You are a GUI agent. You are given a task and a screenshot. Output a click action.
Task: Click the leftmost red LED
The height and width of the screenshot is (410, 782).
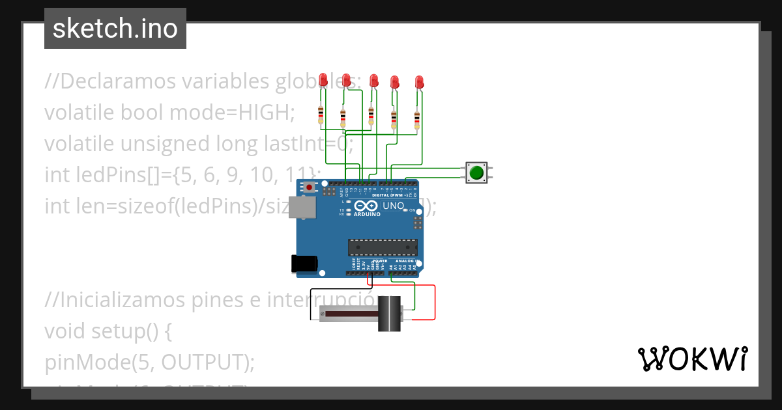coord(323,79)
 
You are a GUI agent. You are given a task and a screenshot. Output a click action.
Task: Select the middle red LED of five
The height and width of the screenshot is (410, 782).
coord(373,81)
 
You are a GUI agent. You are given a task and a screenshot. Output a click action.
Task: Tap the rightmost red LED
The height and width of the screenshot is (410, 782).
coord(419,82)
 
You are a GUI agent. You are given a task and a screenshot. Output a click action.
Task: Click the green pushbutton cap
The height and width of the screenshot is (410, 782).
coord(476,172)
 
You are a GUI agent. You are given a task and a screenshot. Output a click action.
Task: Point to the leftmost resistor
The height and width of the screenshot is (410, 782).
coord(320,115)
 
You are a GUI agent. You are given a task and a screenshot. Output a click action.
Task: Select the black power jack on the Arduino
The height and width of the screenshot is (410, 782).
coord(304,263)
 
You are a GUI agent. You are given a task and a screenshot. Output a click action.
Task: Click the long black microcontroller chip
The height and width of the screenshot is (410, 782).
coord(383,247)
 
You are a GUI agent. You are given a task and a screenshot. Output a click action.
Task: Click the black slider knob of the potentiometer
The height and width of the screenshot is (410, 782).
coord(390,314)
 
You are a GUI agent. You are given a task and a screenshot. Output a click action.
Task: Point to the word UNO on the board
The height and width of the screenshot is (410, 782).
coord(393,206)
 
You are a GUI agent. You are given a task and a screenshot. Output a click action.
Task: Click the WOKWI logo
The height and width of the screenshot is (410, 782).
coord(692,359)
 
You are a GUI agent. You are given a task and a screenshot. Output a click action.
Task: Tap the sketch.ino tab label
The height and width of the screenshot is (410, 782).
coord(115,29)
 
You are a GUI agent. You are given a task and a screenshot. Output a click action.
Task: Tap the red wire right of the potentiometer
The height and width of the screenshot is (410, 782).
coord(435,303)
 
